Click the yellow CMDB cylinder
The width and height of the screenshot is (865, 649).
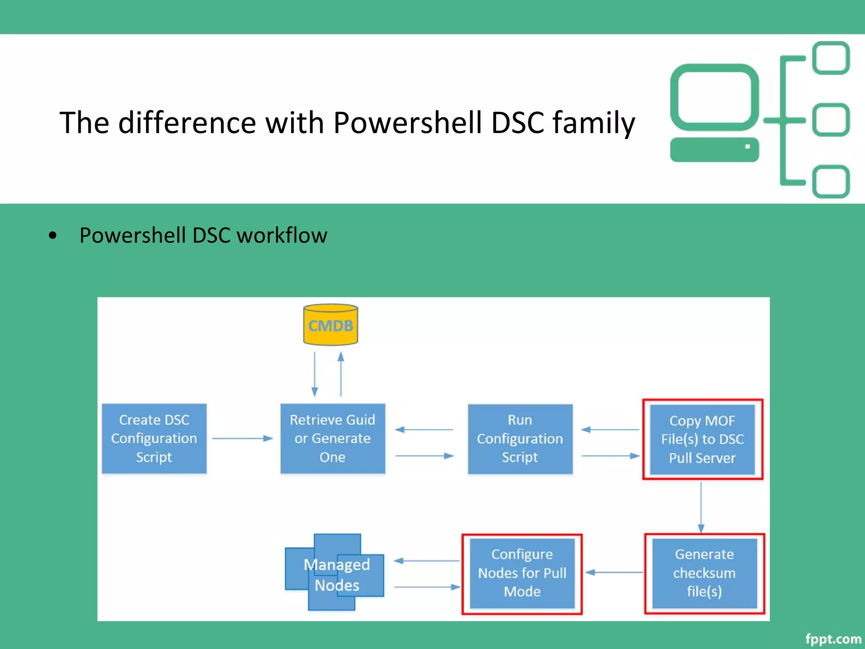(x=330, y=325)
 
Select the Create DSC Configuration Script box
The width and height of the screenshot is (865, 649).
(x=154, y=439)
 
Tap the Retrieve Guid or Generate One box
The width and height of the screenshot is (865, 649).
(x=332, y=439)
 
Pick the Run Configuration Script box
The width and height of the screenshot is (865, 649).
(x=520, y=439)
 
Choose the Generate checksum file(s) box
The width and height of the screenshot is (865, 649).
(x=704, y=573)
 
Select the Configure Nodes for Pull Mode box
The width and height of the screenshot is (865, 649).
(x=522, y=573)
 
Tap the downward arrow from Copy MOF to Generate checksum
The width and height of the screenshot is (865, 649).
(x=701, y=507)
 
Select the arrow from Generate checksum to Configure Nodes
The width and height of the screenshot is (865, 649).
(x=615, y=573)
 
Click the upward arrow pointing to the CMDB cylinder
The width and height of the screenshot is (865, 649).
(x=341, y=374)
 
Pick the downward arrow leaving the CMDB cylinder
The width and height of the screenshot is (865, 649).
(x=315, y=374)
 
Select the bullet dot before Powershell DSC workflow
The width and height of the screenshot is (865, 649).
(x=52, y=235)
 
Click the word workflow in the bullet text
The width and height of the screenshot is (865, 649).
(x=282, y=235)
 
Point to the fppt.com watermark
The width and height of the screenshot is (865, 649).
(x=833, y=639)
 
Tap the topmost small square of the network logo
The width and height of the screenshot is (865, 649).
(x=831, y=58)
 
